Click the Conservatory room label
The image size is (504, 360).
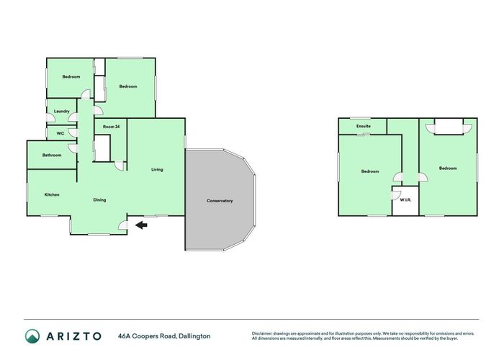coord(220,201)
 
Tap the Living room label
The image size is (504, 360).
coord(157,170)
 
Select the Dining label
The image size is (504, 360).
coord(99,199)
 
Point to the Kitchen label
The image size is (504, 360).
coord(52,195)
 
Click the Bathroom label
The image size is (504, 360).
coord(52,155)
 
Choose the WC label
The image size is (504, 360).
coord(60,133)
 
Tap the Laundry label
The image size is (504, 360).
coord(62,111)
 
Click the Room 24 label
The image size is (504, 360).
coord(110,127)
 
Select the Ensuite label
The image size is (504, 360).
coord(363,127)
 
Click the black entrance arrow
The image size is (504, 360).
coord(141,225)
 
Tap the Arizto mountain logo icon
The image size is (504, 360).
coord(33,336)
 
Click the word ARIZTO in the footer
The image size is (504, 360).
coord(75,336)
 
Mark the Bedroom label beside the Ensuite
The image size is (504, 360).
coord(370,171)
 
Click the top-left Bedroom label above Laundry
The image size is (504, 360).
coord(71,77)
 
